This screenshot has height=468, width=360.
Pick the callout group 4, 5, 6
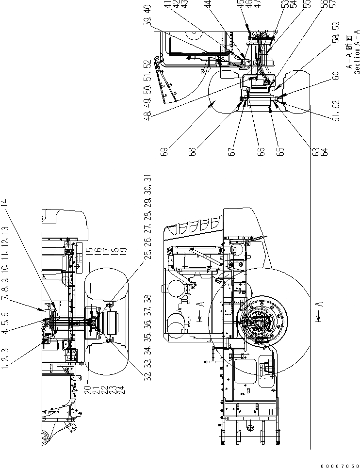coord(6,324)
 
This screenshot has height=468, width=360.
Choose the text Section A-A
coord(357,55)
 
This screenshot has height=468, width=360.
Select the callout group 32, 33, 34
coord(147,356)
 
